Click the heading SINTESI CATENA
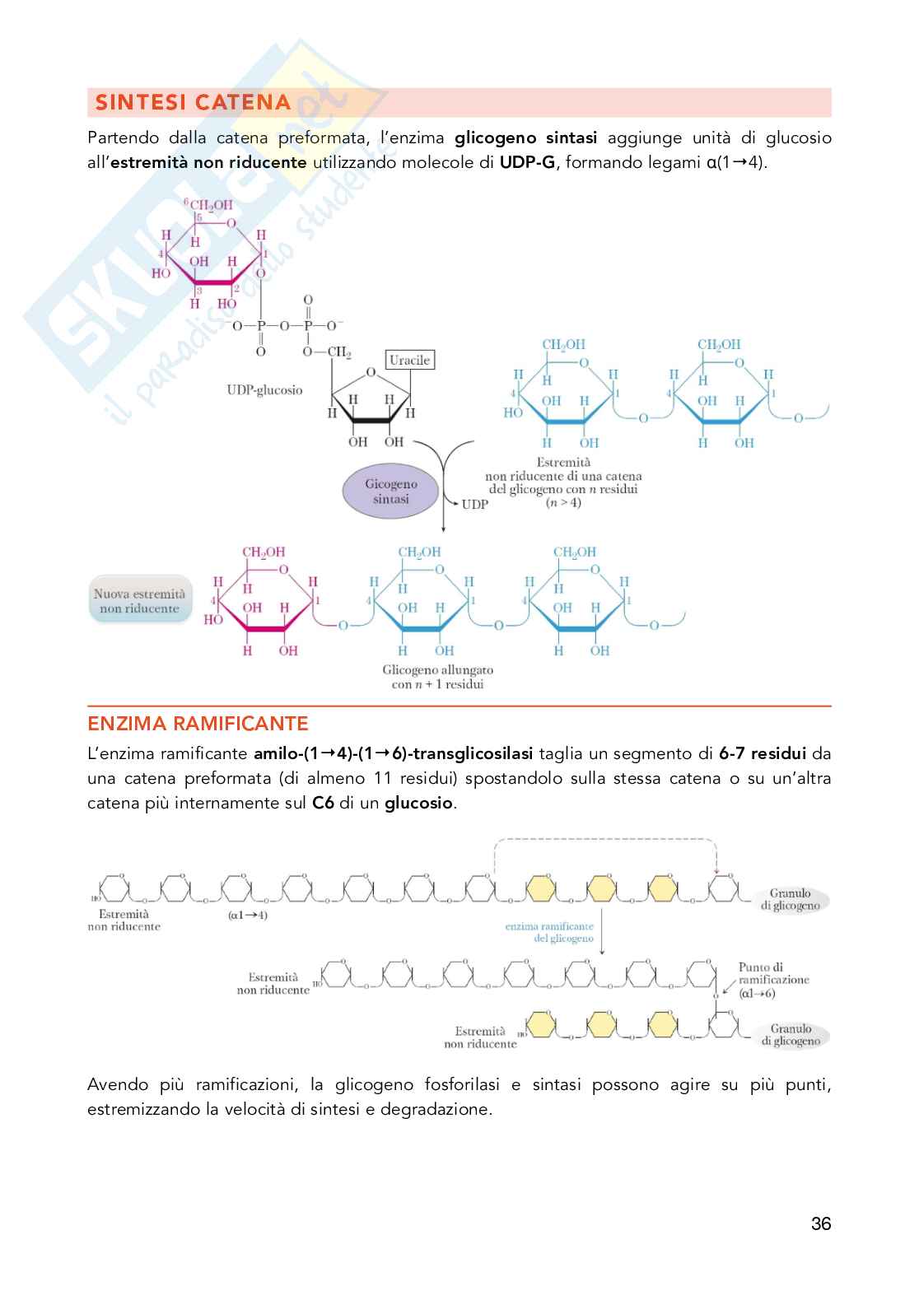point(193,103)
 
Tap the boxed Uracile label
point(409,360)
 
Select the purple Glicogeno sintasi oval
point(391,492)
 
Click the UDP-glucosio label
point(264,389)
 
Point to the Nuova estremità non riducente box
point(139,601)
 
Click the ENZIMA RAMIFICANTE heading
point(198,724)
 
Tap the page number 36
point(820,1223)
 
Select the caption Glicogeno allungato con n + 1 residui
point(437,677)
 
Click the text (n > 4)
point(563,502)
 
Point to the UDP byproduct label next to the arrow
point(474,504)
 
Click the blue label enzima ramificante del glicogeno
point(549,932)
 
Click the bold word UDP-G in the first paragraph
point(527,162)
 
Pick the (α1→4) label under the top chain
point(247,915)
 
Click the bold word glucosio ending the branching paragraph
point(418,803)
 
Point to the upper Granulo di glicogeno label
point(790,899)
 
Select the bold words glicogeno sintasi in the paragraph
point(525,137)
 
